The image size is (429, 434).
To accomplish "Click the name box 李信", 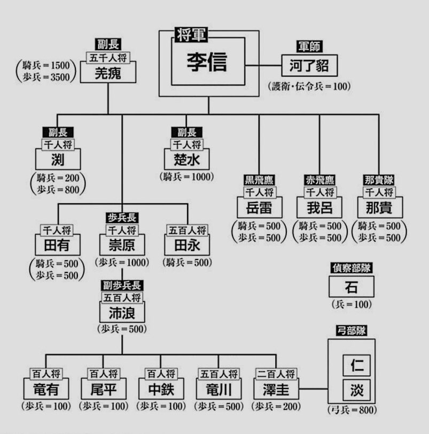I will (x=208, y=63).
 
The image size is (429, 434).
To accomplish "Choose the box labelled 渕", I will (x=58, y=159).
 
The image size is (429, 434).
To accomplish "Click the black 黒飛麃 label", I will (x=259, y=180).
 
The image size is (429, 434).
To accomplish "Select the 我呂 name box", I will (x=319, y=207).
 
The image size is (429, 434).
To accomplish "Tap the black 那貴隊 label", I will (x=379, y=180).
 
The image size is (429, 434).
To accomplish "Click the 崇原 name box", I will (x=122, y=246).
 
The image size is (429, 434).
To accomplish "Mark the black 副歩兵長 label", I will (x=122, y=285).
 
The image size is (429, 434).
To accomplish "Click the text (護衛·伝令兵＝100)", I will (x=309, y=86).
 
